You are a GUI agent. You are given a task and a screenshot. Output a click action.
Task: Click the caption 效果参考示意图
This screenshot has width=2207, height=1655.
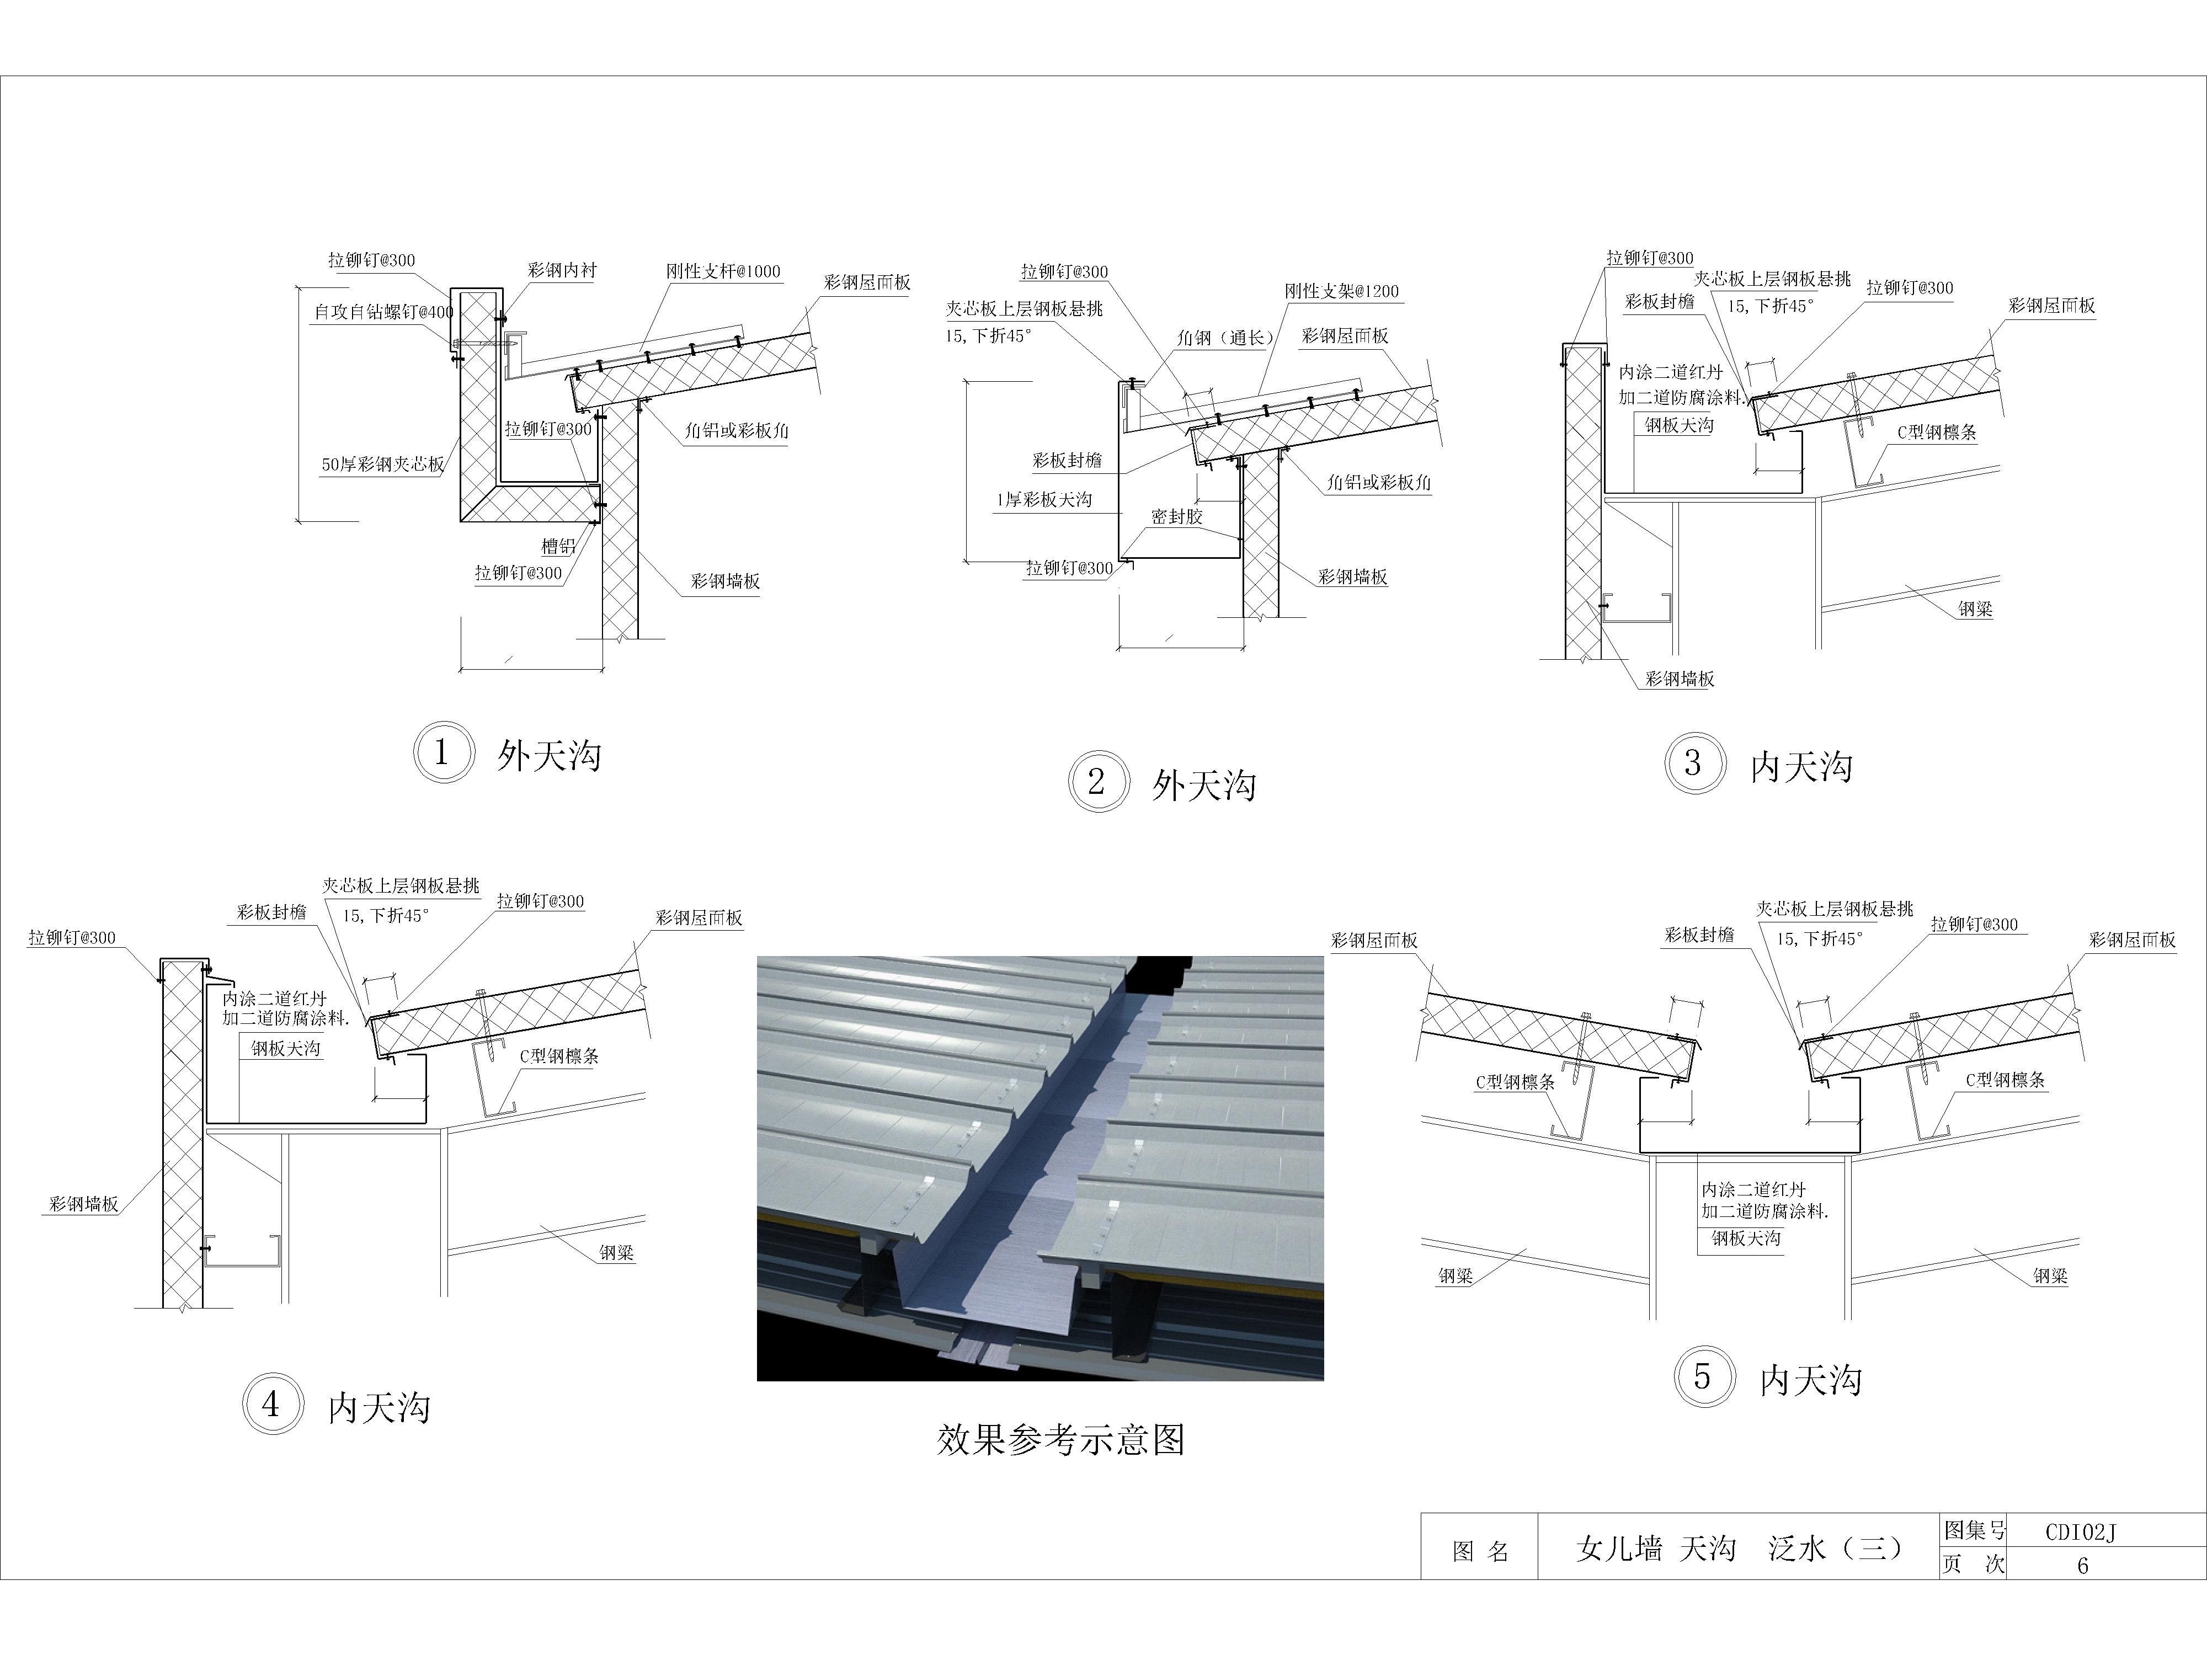1060,1439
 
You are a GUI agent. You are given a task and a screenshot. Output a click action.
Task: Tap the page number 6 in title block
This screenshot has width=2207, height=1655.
2082,1565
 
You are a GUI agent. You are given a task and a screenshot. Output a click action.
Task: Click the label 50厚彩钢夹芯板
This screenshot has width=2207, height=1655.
383,464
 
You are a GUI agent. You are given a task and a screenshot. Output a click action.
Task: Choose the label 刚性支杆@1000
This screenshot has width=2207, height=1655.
723,271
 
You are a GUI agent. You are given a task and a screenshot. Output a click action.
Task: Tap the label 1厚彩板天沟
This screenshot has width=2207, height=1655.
1044,500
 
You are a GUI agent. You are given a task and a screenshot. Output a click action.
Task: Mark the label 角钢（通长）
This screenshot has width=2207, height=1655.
1226,338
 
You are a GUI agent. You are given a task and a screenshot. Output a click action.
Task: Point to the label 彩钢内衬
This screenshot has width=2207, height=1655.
563,270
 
